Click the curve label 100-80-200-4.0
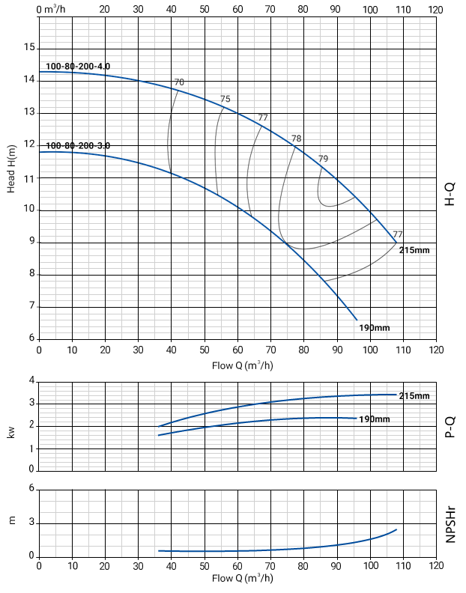(x=78, y=67)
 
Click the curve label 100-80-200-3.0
(x=78, y=145)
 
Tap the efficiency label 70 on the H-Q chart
(x=179, y=82)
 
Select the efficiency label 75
(x=226, y=100)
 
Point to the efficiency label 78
(x=297, y=139)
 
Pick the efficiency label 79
(x=324, y=159)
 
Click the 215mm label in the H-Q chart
(x=414, y=250)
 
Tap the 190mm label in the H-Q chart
(x=375, y=328)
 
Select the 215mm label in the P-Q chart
(x=414, y=395)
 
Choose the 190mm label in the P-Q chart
(x=374, y=419)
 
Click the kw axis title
(x=11, y=432)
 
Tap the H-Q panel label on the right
(x=450, y=192)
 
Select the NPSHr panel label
(x=450, y=523)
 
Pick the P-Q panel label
(x=450, y=428)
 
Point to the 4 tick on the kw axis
(x=31, y=381)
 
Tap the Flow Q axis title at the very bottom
(x=242, y=579)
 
